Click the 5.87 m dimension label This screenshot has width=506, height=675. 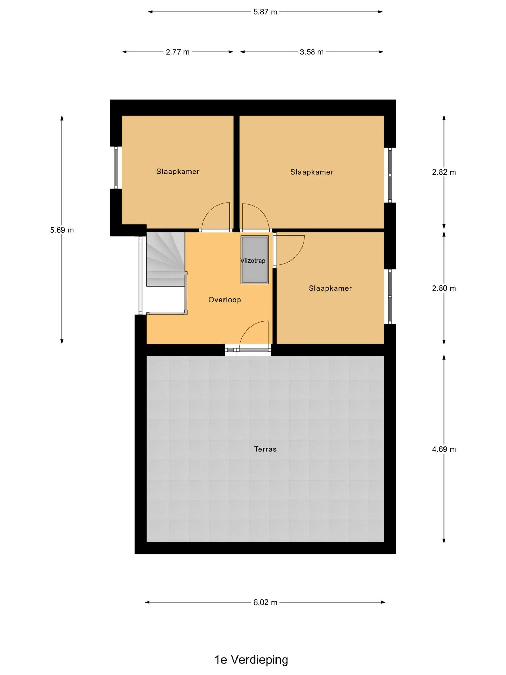pyautogui.click(x=265, y=12)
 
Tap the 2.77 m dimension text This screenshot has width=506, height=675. pyautogui.click(x=178, y=52)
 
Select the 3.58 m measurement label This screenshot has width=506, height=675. pyautogui.click(x=312, y=52)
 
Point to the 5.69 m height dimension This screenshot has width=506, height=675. pyautogui.click(x=62, y=230)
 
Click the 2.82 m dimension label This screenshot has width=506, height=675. pyautogui.click(x=444, y=172)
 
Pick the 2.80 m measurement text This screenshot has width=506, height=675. pyautogui.click(x=444, y=289)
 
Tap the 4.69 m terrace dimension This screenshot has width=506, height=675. pyautogui.click(x=444, y=449)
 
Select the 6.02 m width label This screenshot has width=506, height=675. pyautogui.click(x=265, y=602)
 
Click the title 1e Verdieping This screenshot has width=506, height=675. pyautogui.click(x=251, y=660)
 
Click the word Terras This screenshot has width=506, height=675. pyautogui.click(x=265, y=449)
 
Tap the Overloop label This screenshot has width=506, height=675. pyautogui.click(x=225, y=300)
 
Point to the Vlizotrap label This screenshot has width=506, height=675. pyautogui.click(x=253, y=261)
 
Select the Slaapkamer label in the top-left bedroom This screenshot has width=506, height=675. pyautogui.click(x=178, y=172)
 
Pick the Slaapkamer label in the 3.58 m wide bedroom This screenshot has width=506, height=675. pyautogui.click(x=312, y=172)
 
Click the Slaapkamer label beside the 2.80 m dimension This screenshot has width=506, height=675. pyautogui.click(x=330, y=289)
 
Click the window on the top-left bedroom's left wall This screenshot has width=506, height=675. pyautogui.click(x=116, y=167)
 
